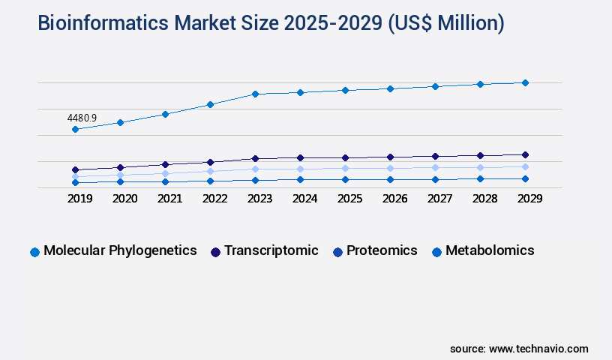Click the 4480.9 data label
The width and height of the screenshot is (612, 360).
click(x=82, y=118)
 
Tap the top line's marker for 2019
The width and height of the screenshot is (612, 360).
click(x=75, y=130)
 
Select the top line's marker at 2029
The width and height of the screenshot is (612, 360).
click(x=525, y=82)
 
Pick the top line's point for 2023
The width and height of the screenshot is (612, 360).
click(x=255, y=94)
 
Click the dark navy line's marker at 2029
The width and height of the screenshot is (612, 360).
click(x=525, y=154)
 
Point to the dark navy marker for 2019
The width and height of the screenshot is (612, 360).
click(x=75, y=169)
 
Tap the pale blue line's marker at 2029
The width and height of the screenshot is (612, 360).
click(x=525, y=166)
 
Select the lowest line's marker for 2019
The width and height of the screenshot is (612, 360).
click(x=75, y=182)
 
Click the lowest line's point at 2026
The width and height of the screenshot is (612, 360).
click(x=390, y=179)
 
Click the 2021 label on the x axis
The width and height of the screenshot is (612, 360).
click(x=169, y=199)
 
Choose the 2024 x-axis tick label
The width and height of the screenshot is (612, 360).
click(x=304, y=199)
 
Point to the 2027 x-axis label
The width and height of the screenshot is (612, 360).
click(x=439, y=199)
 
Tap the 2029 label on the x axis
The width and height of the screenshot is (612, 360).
click(x=529, y=199)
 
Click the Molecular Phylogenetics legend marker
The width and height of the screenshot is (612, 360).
click(x=34, y=252)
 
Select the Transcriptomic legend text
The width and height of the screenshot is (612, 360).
click(x=271, y=250)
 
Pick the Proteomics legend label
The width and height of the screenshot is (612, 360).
click(x=381, y=250)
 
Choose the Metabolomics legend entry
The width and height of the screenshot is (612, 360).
click(x=490, y=250)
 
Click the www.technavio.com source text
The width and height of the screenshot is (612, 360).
click(x=538, y=349)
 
